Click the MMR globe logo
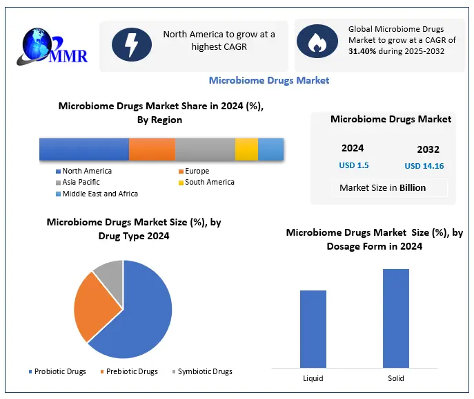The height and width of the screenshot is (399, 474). click(34, 43)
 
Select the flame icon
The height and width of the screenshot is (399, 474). click(317, 41)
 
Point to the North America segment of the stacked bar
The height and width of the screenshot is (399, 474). click(83, 149)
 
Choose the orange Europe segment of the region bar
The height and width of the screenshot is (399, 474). click(152, 149)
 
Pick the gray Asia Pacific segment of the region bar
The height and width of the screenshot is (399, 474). click(205, 149)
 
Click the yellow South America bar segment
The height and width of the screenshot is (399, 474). click(246, 149)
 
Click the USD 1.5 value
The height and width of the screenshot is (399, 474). click(353, 165)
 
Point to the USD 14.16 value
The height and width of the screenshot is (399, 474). click(424, 166)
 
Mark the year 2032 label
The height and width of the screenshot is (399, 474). click(428, 149)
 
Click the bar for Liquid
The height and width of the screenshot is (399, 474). click(313, 328)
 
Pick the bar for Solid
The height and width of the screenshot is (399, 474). click(396, 317)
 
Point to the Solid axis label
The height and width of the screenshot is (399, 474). click(396, 378)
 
